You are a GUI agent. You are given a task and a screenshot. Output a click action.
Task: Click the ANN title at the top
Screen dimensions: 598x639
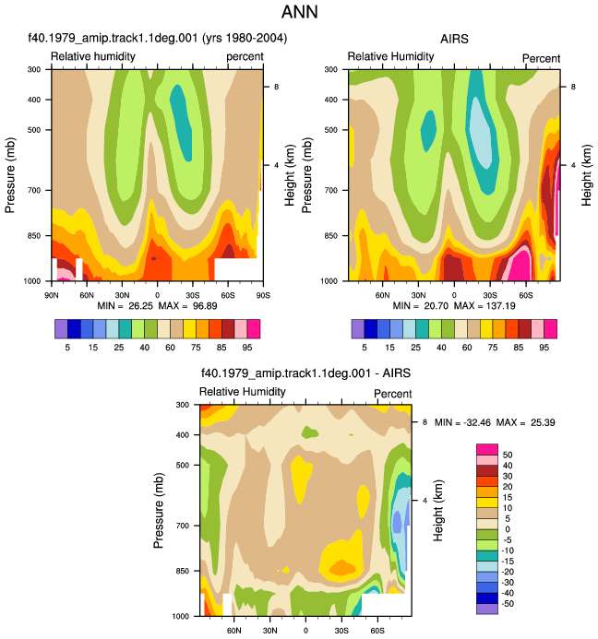click(x=299, y=12)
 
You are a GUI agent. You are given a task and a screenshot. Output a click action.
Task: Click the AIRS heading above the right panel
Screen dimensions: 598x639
click(x=454, y=39)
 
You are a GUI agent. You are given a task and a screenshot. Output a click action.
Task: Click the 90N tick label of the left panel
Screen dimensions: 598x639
click(x=52, y=295)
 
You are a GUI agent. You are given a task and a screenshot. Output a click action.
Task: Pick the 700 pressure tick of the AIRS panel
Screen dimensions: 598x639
click(x=330, y=190)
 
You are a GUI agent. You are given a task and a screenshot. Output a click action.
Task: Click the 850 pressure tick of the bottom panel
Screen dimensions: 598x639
click(x=183, y=571)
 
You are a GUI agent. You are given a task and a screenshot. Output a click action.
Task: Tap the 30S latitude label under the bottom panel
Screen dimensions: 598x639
click(x=341, y=631)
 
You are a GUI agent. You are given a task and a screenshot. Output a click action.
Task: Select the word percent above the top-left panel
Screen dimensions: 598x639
click(x=245, y=56)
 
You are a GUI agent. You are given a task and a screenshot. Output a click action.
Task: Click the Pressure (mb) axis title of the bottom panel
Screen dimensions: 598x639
click(x=159, y=510)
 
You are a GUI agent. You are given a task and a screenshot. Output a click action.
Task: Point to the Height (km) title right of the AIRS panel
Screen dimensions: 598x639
click(x=586, y=175)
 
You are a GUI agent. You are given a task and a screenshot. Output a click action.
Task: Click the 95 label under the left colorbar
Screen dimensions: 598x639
click(x=246, y=348)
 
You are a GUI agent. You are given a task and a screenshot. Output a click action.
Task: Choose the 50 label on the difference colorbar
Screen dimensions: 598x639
click(x=508, y=455)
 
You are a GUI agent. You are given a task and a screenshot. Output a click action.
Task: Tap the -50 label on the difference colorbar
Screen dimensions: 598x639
click(x=507, y=604)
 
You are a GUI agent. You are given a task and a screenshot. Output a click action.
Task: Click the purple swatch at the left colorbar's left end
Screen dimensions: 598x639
click(x=61, y=329)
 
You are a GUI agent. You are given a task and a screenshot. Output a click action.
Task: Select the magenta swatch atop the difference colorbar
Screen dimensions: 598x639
click(x=487, y=449)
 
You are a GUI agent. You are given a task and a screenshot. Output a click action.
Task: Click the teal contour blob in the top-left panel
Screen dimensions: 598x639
click(x=181, y=123)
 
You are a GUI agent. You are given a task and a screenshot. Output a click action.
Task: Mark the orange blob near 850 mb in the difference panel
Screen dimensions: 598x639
click(x=341, y=567)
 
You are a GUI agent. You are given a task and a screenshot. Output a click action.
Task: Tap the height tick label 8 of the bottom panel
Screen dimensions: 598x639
click(x=425, y=422)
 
